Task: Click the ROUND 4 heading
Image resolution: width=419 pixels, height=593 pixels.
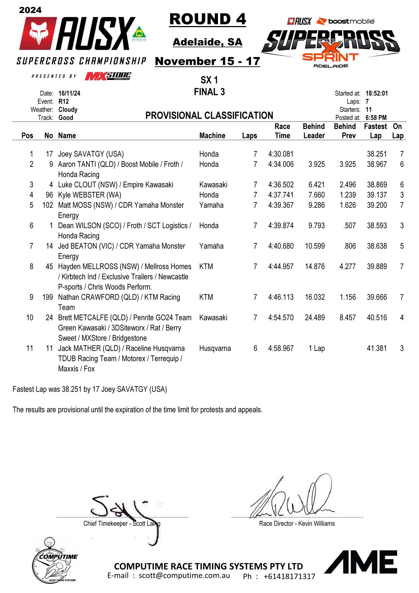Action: [207, 19]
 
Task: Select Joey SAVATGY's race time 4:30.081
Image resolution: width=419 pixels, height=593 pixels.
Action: [281, 154]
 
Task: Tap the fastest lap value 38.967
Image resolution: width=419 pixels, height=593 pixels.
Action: [376, 164]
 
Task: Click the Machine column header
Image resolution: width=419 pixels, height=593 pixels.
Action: [212, 136]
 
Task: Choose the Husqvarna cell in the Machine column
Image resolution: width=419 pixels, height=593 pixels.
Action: [215, 349]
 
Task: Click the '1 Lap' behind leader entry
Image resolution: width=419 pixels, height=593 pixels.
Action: [316, 349]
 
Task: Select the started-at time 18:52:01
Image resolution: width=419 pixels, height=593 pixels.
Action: [376, 94]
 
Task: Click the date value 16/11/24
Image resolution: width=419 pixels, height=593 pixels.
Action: [69, 94]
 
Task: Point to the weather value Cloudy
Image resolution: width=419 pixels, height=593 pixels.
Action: [68, 110]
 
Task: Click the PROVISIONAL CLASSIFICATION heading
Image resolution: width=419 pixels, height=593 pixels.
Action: [209, 116]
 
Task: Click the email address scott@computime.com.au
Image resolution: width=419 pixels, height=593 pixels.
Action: [184, 576]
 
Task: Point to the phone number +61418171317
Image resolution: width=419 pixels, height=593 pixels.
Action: [289, 576]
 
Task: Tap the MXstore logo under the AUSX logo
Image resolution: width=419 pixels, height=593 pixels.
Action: [108, 76]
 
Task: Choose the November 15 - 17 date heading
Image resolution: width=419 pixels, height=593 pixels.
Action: [207, 61]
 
